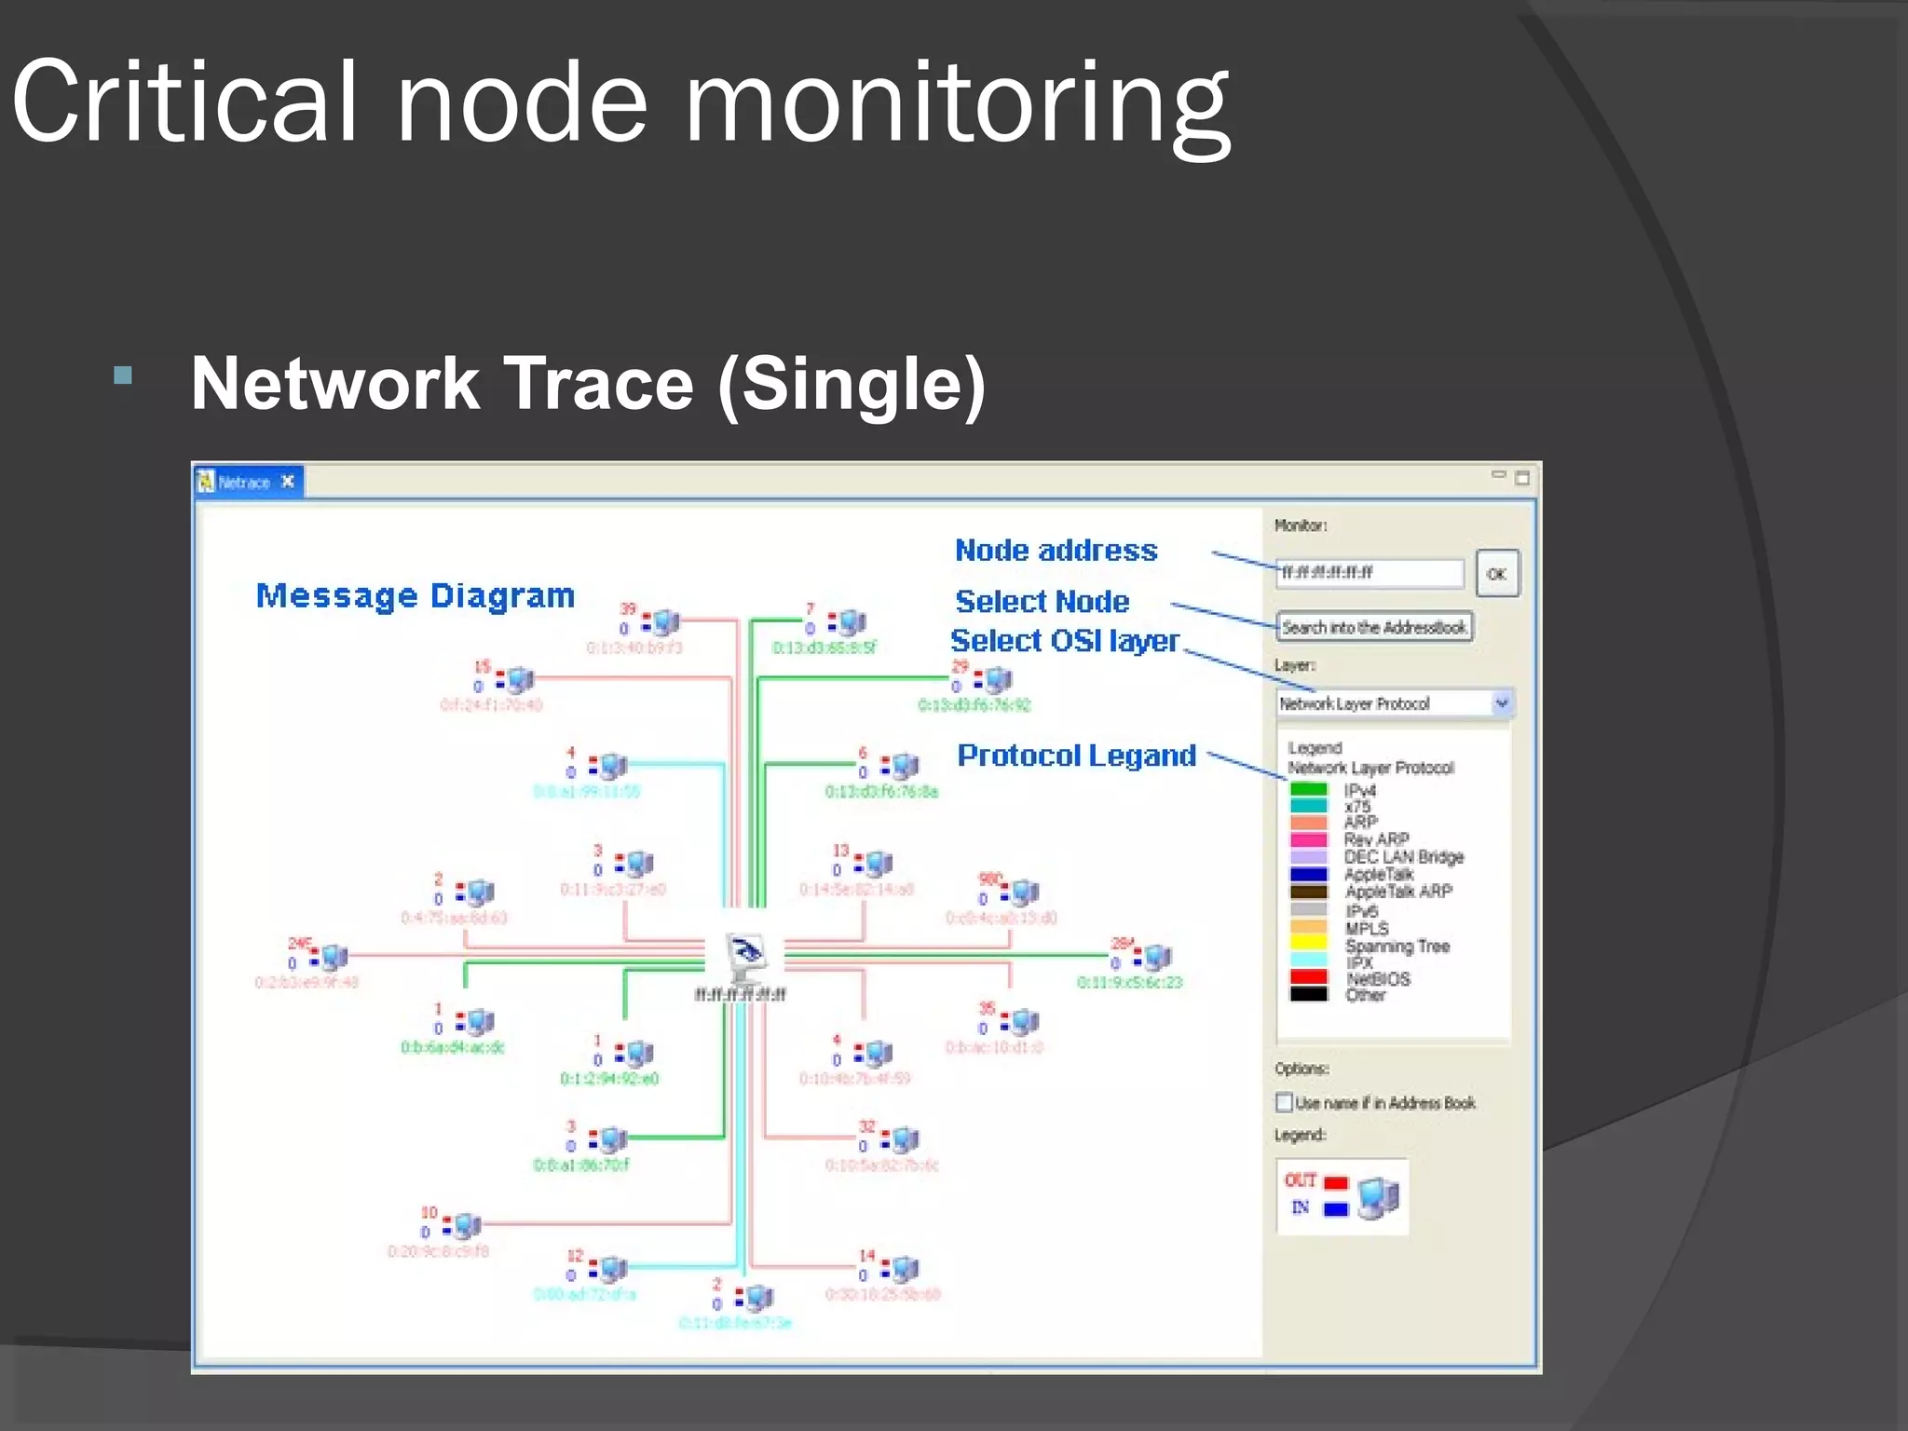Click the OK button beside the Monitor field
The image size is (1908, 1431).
[1497, 574]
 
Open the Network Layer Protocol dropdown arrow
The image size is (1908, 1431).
[1501, 702]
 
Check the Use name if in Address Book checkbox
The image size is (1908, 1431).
[1284, 1102]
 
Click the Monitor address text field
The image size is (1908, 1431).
[1369, 573]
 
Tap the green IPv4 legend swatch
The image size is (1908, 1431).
[1308, 789]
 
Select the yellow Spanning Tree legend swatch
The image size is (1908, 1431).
[1308, 943]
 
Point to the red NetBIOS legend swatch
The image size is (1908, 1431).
[1308, 976]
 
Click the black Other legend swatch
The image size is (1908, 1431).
[1308, 994]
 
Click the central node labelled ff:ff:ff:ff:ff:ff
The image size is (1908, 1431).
[745, 955]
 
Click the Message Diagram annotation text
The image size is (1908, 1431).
[416, 595]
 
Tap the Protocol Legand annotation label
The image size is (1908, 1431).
[1076, 755]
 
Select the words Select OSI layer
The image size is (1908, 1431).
[1064, 641]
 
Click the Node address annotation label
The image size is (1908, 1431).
[1056, 550]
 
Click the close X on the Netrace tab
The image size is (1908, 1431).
[288, 482]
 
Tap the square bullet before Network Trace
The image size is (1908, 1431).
[122, 376]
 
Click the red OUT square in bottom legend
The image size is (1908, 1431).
[1336, 1182]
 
